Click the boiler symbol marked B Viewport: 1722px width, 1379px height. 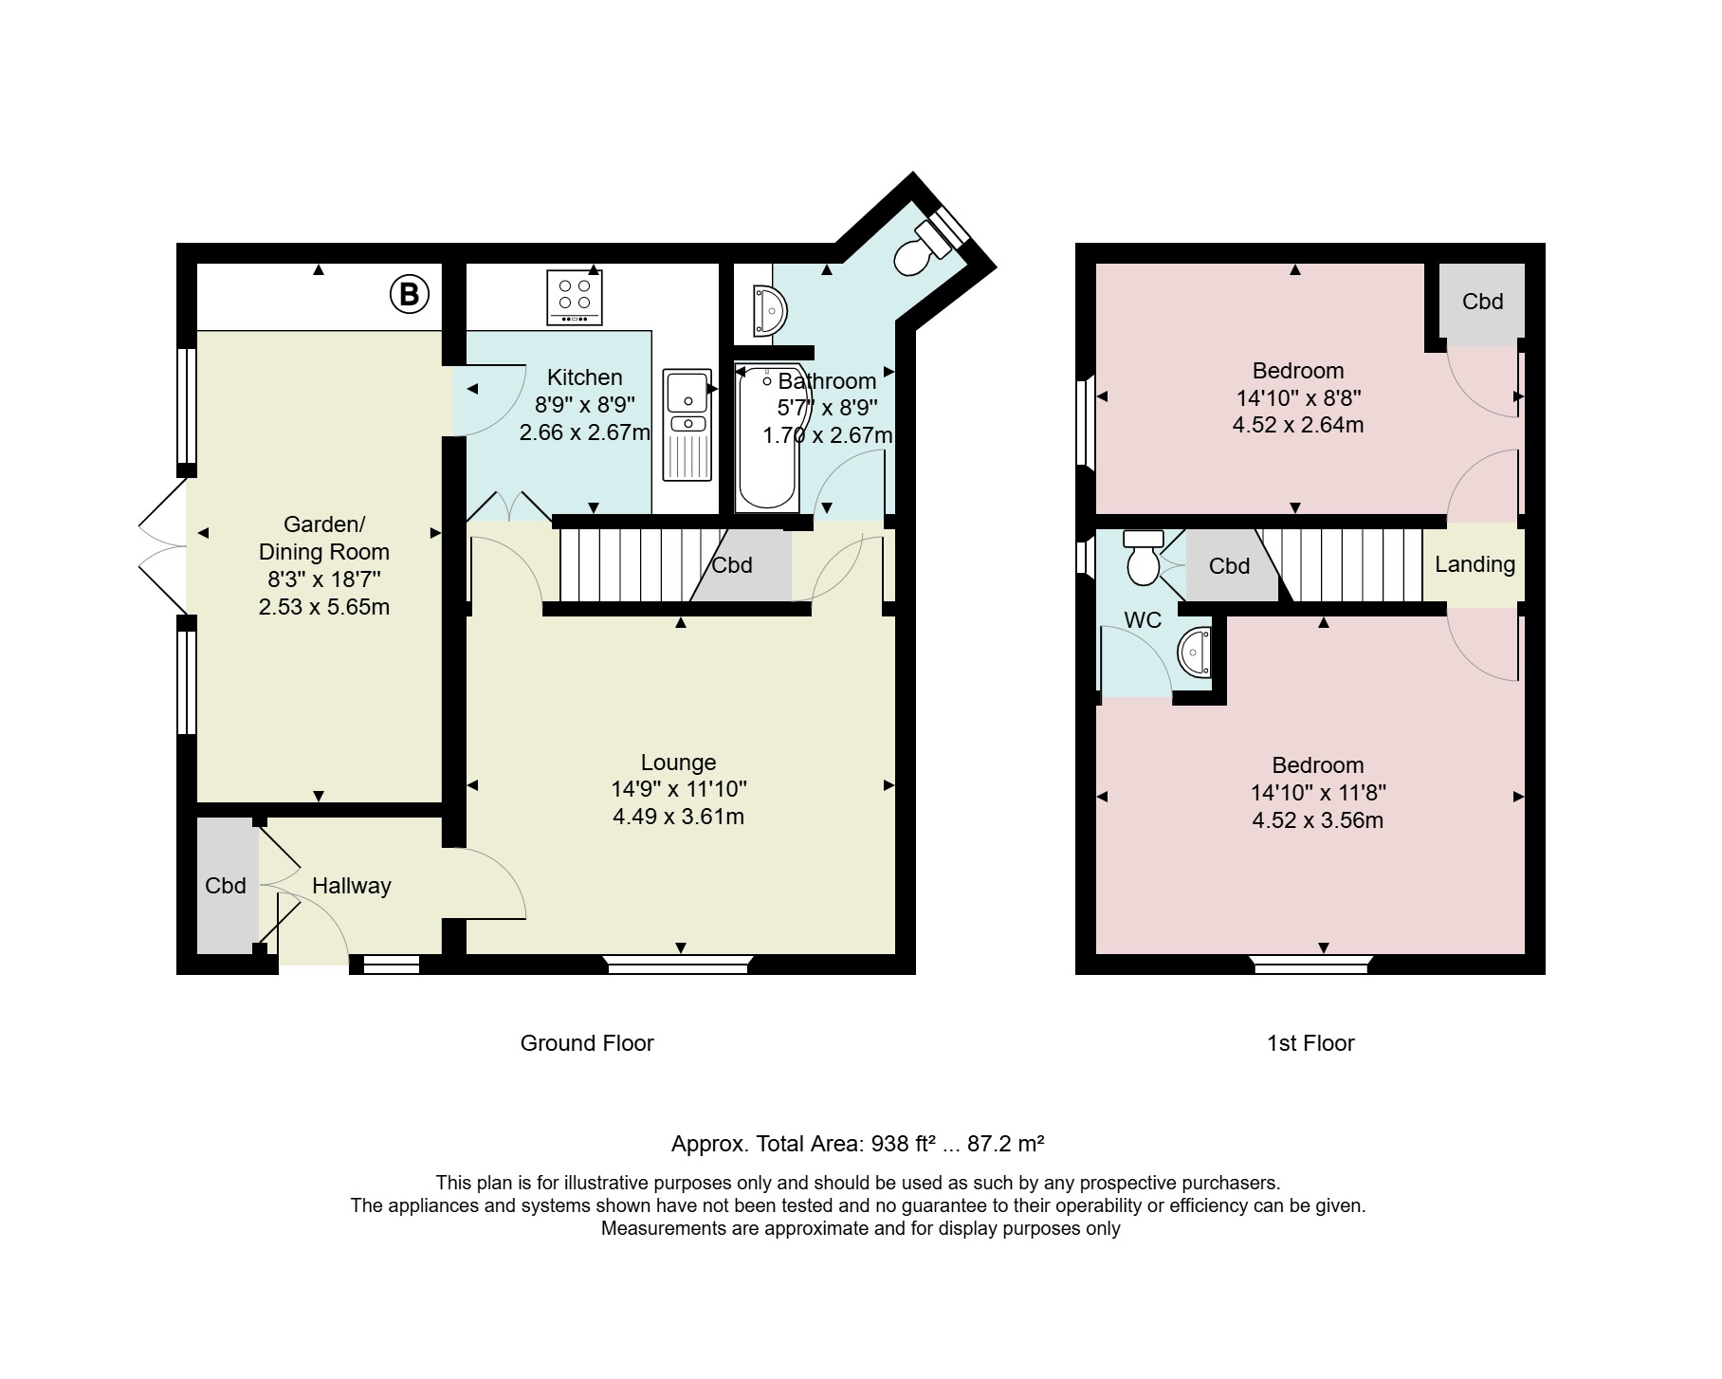[x=410, y=294]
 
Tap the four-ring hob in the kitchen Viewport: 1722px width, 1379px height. [x=575, y=298]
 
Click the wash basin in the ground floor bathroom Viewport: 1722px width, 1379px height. [x=770, y=311]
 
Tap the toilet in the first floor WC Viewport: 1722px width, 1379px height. [x=1143, y=558]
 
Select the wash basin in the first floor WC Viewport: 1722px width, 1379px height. [x=1195, y=653]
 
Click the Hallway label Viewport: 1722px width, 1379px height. [x=352, y=886]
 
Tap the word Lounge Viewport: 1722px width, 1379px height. [x=678, y=763]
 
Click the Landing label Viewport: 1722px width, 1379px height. [x=1475, y=565]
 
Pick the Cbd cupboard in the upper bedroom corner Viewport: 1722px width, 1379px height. [x=1482, y=301]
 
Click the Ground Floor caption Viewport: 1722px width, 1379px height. [x=587, y=1043]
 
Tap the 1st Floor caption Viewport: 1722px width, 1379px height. [x=1310, y=1043]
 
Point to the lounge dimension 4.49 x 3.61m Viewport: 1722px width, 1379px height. [x=678, y=817]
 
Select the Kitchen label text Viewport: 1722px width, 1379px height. [x=585, y=377]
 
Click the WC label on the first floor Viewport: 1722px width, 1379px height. [x=1143, y=620]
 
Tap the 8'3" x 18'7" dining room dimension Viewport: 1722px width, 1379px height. [x=324, y=579]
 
